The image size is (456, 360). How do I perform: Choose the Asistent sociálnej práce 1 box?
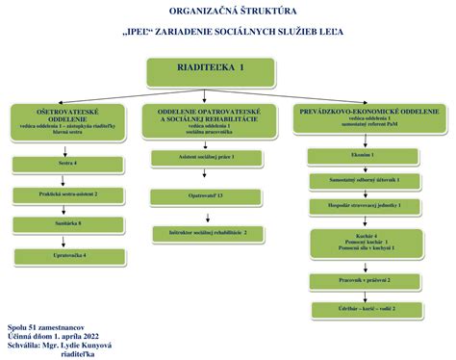206,156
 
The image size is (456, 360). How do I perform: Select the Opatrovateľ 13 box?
206,195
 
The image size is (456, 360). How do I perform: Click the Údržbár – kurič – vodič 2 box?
361,309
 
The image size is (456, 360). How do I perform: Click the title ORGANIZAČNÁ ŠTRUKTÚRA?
227,13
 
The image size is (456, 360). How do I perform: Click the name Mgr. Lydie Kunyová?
87,344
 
